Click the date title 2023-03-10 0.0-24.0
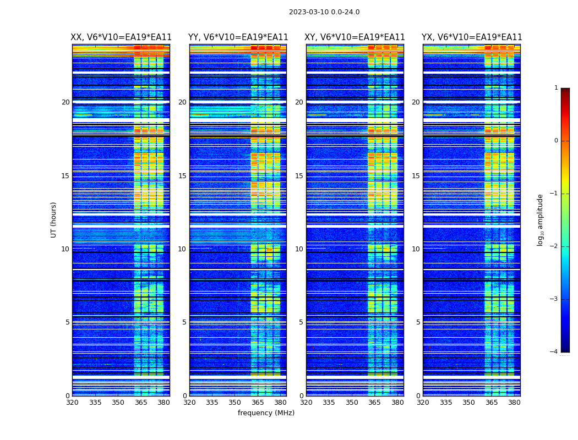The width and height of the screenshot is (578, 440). (x=324, y=12)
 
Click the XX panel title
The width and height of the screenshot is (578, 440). (x=121, y=37)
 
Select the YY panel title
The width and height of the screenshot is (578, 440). (x=238, y=37)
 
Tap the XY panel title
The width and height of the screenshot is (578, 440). (x=355, y=37)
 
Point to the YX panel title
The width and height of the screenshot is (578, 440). (x=472, y=37)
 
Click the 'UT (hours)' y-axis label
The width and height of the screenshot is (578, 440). (x=54, y=219)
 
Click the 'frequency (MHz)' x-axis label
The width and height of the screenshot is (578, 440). (x=266, y=413)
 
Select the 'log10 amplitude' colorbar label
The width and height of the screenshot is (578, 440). (x=540, y=219)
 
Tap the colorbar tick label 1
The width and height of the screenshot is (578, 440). (x=555, y=88)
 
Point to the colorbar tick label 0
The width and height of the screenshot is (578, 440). (x=555, y=141)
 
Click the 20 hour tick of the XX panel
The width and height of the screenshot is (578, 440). (x=66, y=102)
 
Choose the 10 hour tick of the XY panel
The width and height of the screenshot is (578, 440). (x=299, y=249)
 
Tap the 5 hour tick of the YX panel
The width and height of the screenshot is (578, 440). (x=418, y=322)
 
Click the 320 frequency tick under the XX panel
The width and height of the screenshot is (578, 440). (x=72, y=403)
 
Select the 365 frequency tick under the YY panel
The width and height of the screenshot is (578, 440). (x=258, y=403)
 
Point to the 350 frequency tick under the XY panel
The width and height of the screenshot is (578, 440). (x=352, y=403)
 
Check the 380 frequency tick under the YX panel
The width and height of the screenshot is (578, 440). (x=514, y=403)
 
